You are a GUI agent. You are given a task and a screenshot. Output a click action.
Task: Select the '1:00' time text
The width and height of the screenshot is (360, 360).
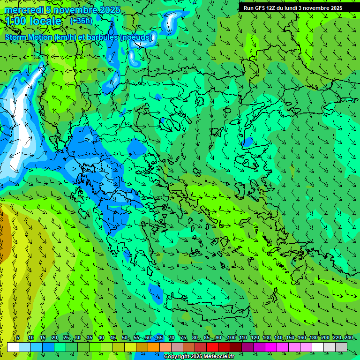pyautogui.click(x=16, y=22)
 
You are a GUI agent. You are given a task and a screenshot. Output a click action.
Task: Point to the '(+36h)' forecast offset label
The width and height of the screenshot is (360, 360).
pyautogui.click(x=81, y=21)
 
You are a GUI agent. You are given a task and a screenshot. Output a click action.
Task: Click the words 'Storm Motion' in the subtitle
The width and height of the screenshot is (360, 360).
pyautogui.click(x=29, y=37)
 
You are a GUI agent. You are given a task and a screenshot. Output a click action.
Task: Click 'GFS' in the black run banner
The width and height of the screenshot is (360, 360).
pyautogui.click(x=259, y=8)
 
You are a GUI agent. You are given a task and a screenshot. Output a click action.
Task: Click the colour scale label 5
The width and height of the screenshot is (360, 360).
pyautogui.click(x=18, y=338)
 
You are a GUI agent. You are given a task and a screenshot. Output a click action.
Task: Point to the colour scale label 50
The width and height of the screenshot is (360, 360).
pyautogui.click(x=125, y=338)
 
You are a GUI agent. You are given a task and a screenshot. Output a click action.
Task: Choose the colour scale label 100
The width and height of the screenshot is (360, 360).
pyautogui.click(x=231, y=338)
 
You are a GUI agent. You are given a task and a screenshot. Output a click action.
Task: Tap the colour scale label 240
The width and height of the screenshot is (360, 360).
pyautogui.click(x=349, y=338)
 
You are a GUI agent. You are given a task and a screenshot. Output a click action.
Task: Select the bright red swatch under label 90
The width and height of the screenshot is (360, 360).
pyautogui.click(x=212, y=347)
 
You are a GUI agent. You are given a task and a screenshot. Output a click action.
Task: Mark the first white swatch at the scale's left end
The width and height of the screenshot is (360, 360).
pyautogui.click(x=13, y=347)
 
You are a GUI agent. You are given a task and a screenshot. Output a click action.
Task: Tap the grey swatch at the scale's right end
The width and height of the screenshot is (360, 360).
pyautogui.click(x=341, y=347)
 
